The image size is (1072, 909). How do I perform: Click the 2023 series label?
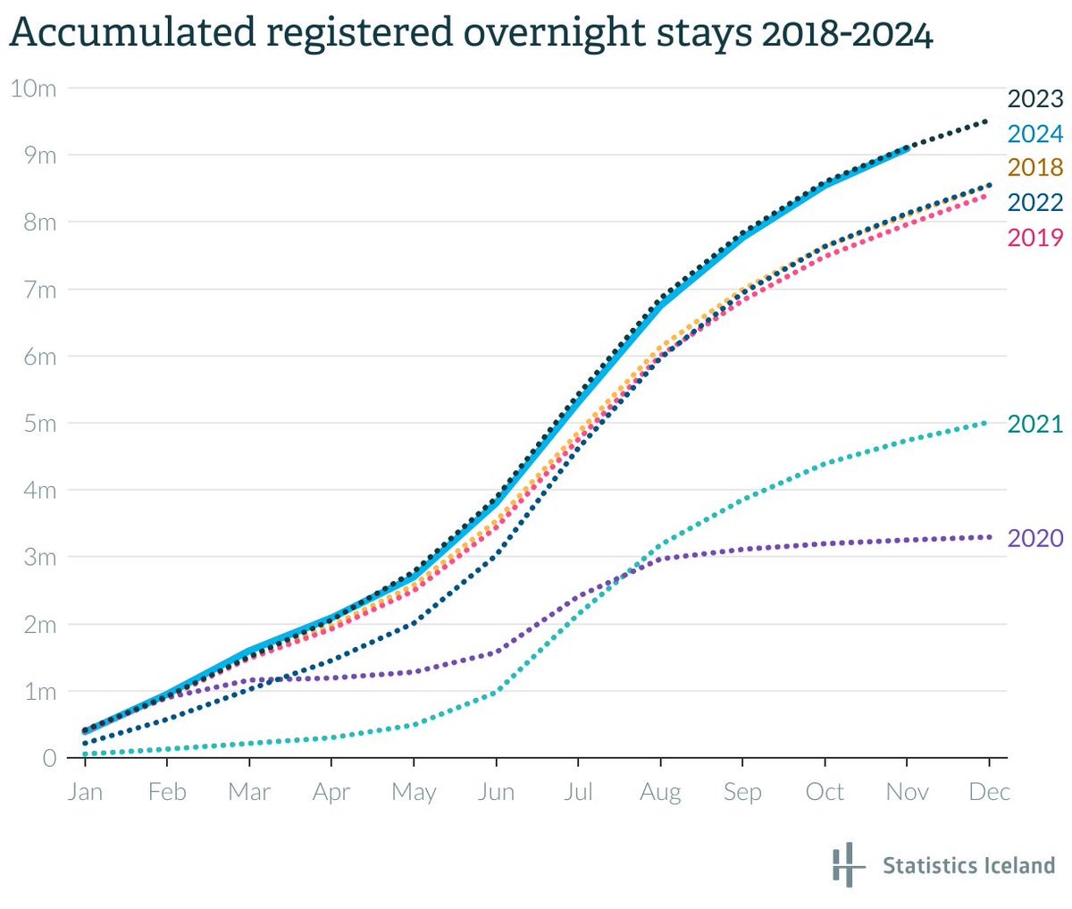point(1034,99)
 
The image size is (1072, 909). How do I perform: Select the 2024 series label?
point(1034,134)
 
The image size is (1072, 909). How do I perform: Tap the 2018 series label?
point(1034,168)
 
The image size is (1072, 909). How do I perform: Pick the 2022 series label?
point(1034,203)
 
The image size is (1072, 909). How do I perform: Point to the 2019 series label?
point(1034,238)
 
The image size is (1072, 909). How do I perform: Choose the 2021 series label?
point(1034,424)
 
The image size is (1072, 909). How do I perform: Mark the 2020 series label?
point(1034,538)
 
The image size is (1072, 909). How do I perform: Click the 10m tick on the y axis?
point(33,88)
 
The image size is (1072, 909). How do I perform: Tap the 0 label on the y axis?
point(49,759)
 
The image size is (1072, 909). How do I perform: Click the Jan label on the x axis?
point(85,793)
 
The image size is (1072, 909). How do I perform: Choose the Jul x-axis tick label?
point(578,793)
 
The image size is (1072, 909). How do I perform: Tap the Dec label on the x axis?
point(989,793)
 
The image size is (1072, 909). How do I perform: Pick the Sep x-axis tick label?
point(742,793)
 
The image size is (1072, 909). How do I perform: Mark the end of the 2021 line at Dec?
point(986,423)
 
